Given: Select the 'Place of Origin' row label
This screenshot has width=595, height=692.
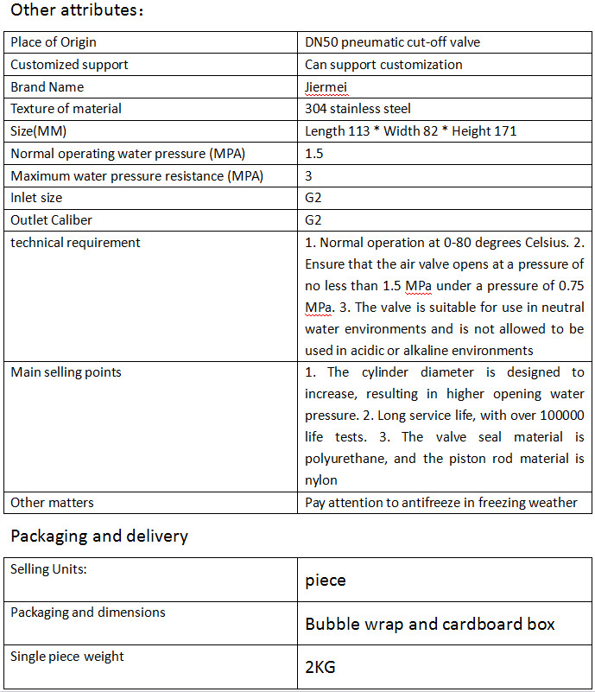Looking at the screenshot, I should click(54, 42).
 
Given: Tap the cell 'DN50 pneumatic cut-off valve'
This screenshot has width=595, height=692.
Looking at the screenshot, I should click(392, 42).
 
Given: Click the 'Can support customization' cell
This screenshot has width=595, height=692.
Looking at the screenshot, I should click(383, 65).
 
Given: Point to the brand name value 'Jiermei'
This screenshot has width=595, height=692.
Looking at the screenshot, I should click(326, 87).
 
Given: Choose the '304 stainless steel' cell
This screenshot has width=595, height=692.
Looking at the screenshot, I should click(358, 109).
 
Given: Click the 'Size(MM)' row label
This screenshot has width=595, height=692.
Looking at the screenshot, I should click(39, 131).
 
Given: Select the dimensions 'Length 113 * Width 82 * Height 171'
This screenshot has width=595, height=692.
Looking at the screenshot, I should click(411, 131).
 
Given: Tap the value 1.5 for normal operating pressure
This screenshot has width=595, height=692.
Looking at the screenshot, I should click(313, 154).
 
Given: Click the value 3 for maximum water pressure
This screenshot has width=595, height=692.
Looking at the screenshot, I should click(309, 176).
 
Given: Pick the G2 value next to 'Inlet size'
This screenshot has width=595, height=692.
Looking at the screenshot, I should click(313, 198).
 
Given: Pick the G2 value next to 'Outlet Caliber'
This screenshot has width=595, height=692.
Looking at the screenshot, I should click(313, 220).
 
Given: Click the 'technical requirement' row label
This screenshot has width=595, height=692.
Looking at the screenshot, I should click(75, 243).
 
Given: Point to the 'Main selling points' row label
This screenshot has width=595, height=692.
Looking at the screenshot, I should click(66, 372).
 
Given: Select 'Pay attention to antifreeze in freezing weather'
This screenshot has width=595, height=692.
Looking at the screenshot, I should click(441, 503).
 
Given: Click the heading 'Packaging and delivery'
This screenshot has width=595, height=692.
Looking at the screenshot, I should click(99, 536).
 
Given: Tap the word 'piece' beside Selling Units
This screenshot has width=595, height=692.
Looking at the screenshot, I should click(326, 581).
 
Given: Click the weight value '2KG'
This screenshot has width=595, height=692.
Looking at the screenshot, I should click(320, 668).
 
